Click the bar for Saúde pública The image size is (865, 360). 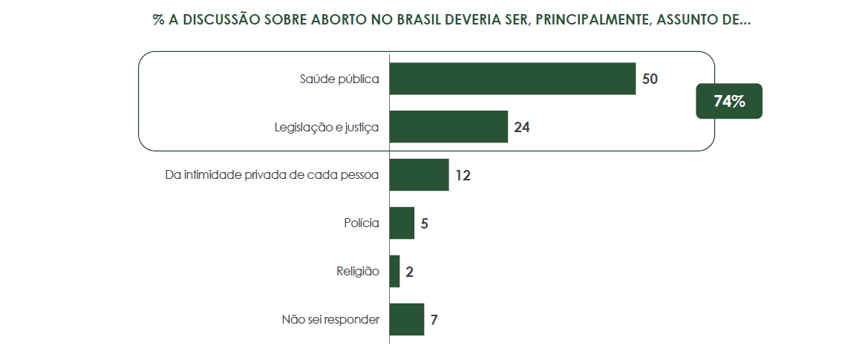[512, 79]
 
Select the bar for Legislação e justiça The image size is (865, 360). [448, 127]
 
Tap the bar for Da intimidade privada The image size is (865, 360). [419, 175]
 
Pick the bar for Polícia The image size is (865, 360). [402, 223]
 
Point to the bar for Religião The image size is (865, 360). [394, 271]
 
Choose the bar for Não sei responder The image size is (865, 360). [406, 319]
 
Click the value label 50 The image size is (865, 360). [650, 79]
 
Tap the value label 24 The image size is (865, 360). [521, 127]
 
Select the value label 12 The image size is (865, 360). [463, 175]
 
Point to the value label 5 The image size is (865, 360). [424, 223]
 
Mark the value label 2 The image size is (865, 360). [409, 271]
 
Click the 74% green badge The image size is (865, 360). [728, 102]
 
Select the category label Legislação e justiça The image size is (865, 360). [327, 128]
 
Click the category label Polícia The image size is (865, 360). [362, 223]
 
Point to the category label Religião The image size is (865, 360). [358, 272]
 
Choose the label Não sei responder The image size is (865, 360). [330, 320]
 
